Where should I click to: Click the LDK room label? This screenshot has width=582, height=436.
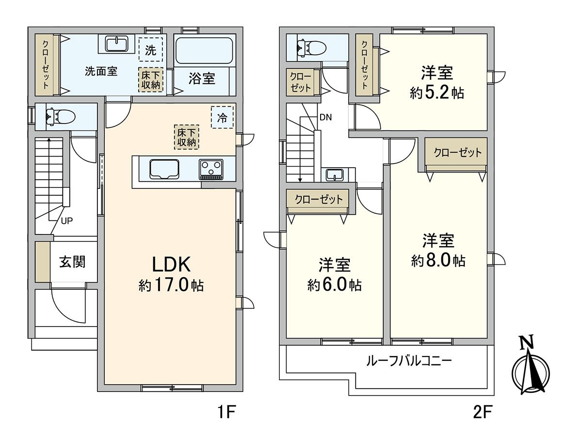pyautogui.click(x=171, y=264)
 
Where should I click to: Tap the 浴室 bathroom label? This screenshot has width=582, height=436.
pyautogui.click(x=202, y=78)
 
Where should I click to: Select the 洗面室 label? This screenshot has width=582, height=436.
pyautogui.click(x=101, y=71)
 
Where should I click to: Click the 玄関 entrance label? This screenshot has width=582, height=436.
pyautogui.click(x=72, y=262)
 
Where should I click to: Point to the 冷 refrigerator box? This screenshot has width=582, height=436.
pyautogui.click(x=222, y=117)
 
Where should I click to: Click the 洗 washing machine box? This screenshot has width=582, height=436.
pyautogui.click(x=150, y=50)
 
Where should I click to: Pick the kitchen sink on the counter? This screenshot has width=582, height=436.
pyautogui.click(x=164, y=169)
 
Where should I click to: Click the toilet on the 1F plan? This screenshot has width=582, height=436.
pyautogui.click(x=61, y=116)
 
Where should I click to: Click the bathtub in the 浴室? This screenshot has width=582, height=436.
pyautogui.click(x=205, y=50)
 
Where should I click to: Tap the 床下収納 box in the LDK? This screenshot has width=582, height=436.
pyautogui.click(x=187, y=137)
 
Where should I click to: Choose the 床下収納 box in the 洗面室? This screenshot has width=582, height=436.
pyautogui.click(x=150, y=80)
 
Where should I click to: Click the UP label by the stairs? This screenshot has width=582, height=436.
pyautogui.click(x=66, y=220)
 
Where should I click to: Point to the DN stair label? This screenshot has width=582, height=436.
pyautogui.click(x=325, y=117)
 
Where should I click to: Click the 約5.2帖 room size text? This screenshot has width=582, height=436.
pyautogui.click(x=437, y=93)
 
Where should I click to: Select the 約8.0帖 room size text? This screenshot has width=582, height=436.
pyautogui.click(x=438, y=261)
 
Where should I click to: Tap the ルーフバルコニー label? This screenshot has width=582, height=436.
pyautogui.click(x=408, y=361)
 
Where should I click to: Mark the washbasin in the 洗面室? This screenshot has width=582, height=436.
pyautogui.click(x=117, y=44)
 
